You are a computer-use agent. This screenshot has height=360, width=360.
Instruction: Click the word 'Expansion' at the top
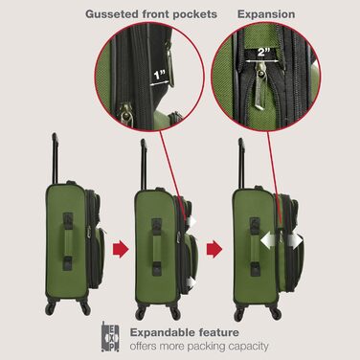(267, 15)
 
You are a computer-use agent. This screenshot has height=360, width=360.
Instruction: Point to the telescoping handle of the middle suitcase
(143, 158)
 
